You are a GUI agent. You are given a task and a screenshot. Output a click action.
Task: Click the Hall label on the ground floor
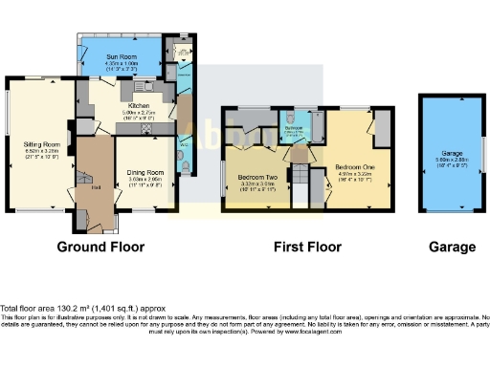click(97, 188)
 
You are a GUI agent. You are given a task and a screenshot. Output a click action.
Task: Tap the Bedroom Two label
click(257, 178)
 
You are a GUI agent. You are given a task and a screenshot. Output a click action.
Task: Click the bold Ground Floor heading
click(100, 247)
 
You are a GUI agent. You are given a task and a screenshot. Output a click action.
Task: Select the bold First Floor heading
click(307, 247)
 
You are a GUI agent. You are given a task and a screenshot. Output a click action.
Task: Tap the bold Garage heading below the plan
click(452, 247)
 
